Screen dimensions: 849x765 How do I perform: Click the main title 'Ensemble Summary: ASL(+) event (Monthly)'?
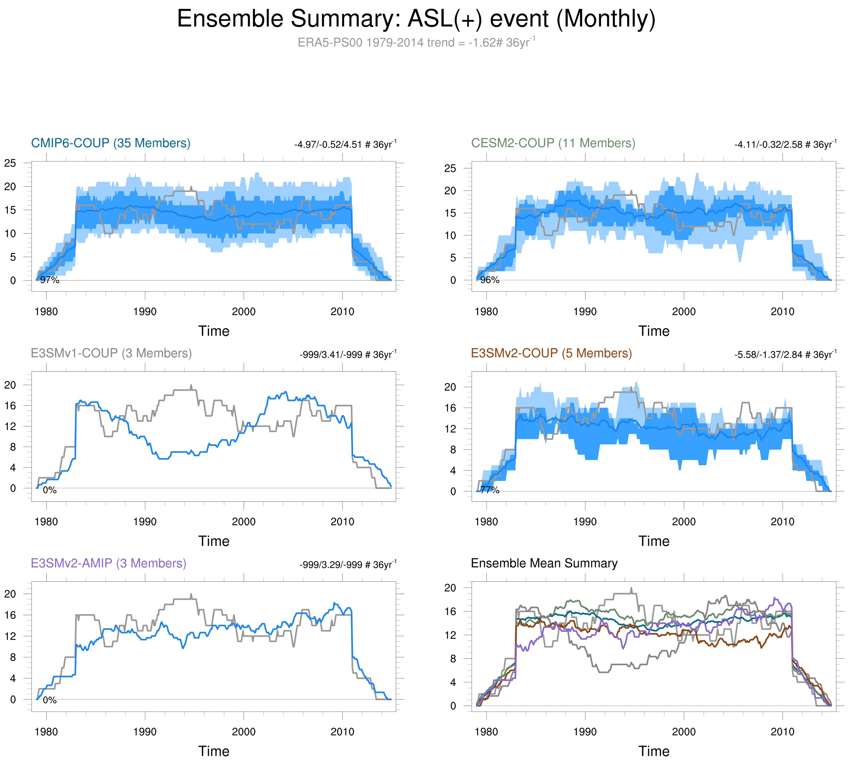[x=416, y=19]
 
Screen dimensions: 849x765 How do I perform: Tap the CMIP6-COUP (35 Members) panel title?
[x=111, y=143]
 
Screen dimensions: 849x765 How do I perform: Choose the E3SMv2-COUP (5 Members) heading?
[x=551, y=353]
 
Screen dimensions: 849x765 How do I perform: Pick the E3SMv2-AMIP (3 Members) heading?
[x=109, y=563]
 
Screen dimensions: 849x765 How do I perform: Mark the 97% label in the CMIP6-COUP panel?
[x=50, y=280]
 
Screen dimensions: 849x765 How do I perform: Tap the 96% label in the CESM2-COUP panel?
[x=490, y=280]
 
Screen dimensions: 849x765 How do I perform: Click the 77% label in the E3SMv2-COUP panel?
[x=490, y=490]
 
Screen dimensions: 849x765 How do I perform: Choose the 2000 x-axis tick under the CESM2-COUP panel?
[x=684, y=311]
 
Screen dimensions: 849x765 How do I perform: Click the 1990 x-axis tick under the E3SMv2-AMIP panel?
[x=145, y=732]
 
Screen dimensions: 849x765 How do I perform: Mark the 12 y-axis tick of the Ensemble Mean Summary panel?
[x=450, y=635]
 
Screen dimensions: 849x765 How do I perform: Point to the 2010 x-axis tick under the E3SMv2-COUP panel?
[x=782, y=522]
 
